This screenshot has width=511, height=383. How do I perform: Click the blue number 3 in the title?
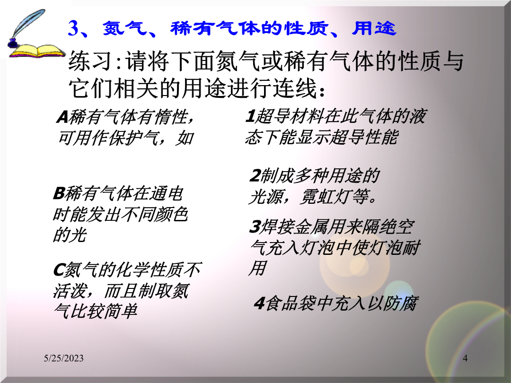[x=74, y=28]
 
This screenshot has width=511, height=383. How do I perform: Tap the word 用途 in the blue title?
[x=374, y=28]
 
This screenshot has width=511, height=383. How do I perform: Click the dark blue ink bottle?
[x=12, y=43]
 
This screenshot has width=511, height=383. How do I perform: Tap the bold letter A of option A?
[x=62, y=117]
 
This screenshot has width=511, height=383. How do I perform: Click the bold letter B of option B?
[x=59, y=193]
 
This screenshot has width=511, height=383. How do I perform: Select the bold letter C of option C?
[x=59, y=270]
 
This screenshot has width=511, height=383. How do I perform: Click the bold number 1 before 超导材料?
[x=250, y=116]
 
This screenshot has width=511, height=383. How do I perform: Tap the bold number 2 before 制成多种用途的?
[x=255, y=176]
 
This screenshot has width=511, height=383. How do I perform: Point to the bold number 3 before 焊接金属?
[x=254, y=226]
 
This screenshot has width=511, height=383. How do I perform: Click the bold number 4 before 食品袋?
[x=259, y=304]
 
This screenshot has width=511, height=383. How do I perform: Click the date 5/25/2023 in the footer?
[x=63, y=358]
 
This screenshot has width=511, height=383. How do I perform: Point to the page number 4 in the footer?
[x=465, y=358]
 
